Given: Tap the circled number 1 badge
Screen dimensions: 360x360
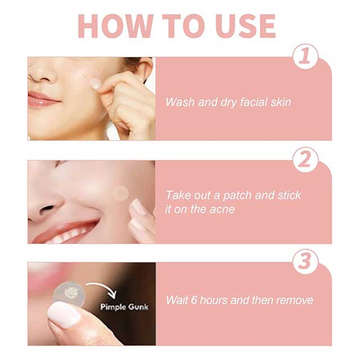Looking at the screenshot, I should click(x=305, y=57).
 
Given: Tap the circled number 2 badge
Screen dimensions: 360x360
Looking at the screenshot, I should click(x=305, y=160).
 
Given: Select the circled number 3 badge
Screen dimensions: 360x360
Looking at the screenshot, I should click(x=305, y=262).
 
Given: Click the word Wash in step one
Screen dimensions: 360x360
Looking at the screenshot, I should click(x=179, y=102).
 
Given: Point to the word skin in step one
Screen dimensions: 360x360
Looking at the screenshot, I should click(x=280, y=102).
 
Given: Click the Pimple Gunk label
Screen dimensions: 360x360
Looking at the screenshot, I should click(x=124, y=307).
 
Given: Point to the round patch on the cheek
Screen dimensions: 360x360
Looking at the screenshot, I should click(x=120, y=193).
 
